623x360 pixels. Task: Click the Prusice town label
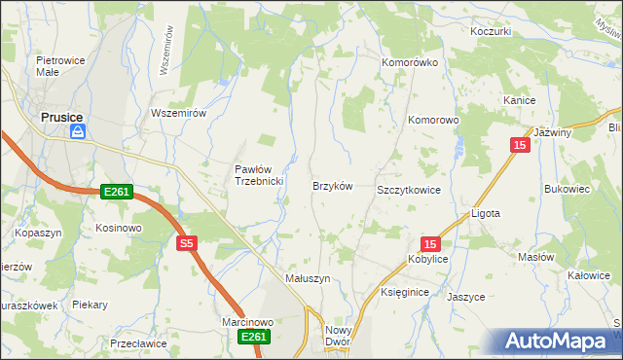[x=60, y=117]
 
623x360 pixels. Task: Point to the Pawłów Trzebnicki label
[x=258, y=175]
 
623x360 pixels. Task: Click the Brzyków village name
[x=331, y=185]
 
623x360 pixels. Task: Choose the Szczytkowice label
[x=409, y=190]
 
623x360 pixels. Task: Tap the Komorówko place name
[x=410, y=62]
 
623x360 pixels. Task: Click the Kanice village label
[x=520, y=100]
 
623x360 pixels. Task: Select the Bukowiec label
[x=568, y=189]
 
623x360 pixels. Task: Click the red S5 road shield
[x=188, y=243]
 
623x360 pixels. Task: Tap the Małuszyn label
[x=308, y=277]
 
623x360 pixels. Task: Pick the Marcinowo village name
[x=247, y=321]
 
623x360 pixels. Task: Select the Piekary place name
[x=89, y=305]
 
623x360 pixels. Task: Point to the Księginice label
[x=406, y=291]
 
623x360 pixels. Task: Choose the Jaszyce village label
[x=465, y=297]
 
